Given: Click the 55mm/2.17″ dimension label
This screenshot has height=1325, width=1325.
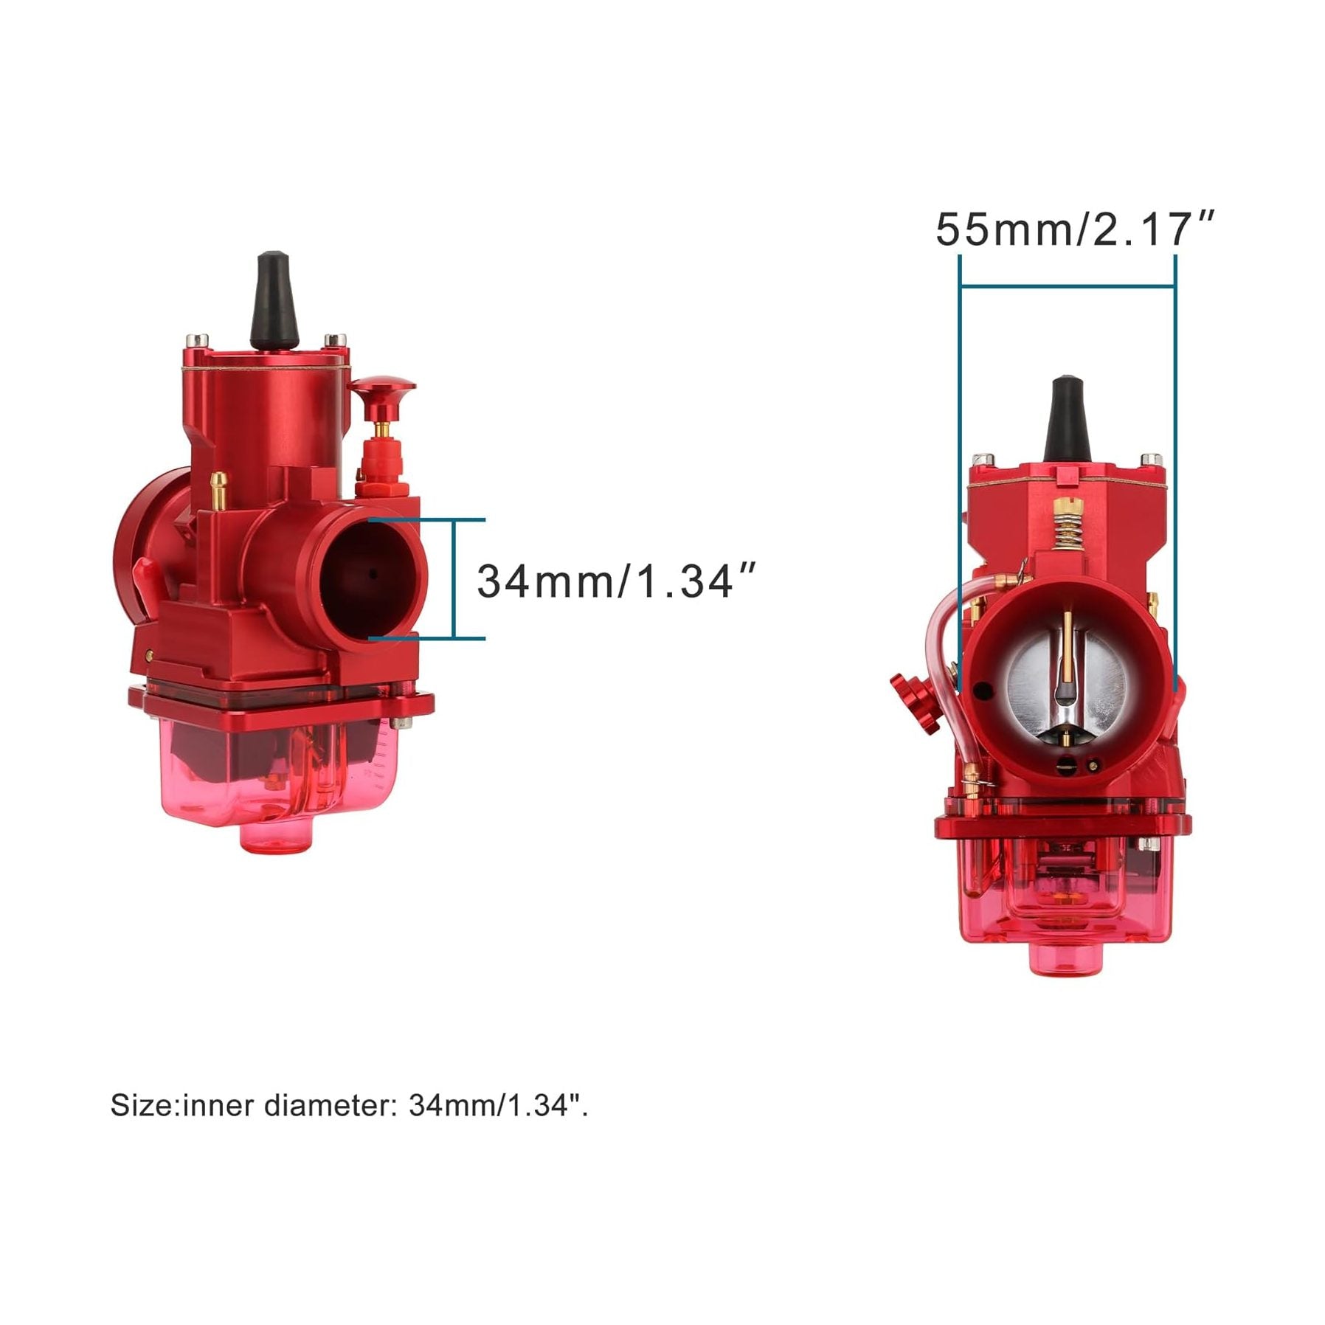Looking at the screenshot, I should (x=1073, y=229).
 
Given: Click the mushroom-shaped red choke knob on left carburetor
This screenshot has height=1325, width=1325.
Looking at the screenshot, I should (x=381, y=390).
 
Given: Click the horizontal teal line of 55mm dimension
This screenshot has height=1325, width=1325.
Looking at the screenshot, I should (x=1068, y=286).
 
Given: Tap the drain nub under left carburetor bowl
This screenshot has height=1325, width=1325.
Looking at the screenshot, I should (x=277, y=838).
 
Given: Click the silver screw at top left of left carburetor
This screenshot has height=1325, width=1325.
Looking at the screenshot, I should (x=197, y=341).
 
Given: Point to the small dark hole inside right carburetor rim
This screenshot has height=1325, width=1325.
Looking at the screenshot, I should (x=983, y=691).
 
